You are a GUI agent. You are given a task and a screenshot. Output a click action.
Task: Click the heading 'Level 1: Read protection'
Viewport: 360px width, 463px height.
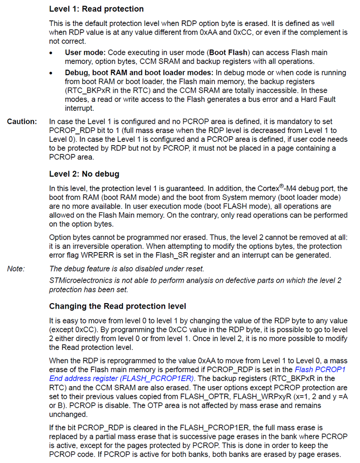click(96, 9)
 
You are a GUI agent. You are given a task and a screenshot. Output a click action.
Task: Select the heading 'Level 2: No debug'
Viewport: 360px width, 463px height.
click(84, 174)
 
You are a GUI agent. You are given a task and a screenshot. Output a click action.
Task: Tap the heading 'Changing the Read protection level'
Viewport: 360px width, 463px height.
click(118, 306)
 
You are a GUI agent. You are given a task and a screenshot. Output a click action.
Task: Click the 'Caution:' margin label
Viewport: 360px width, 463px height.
click(21, 121)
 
